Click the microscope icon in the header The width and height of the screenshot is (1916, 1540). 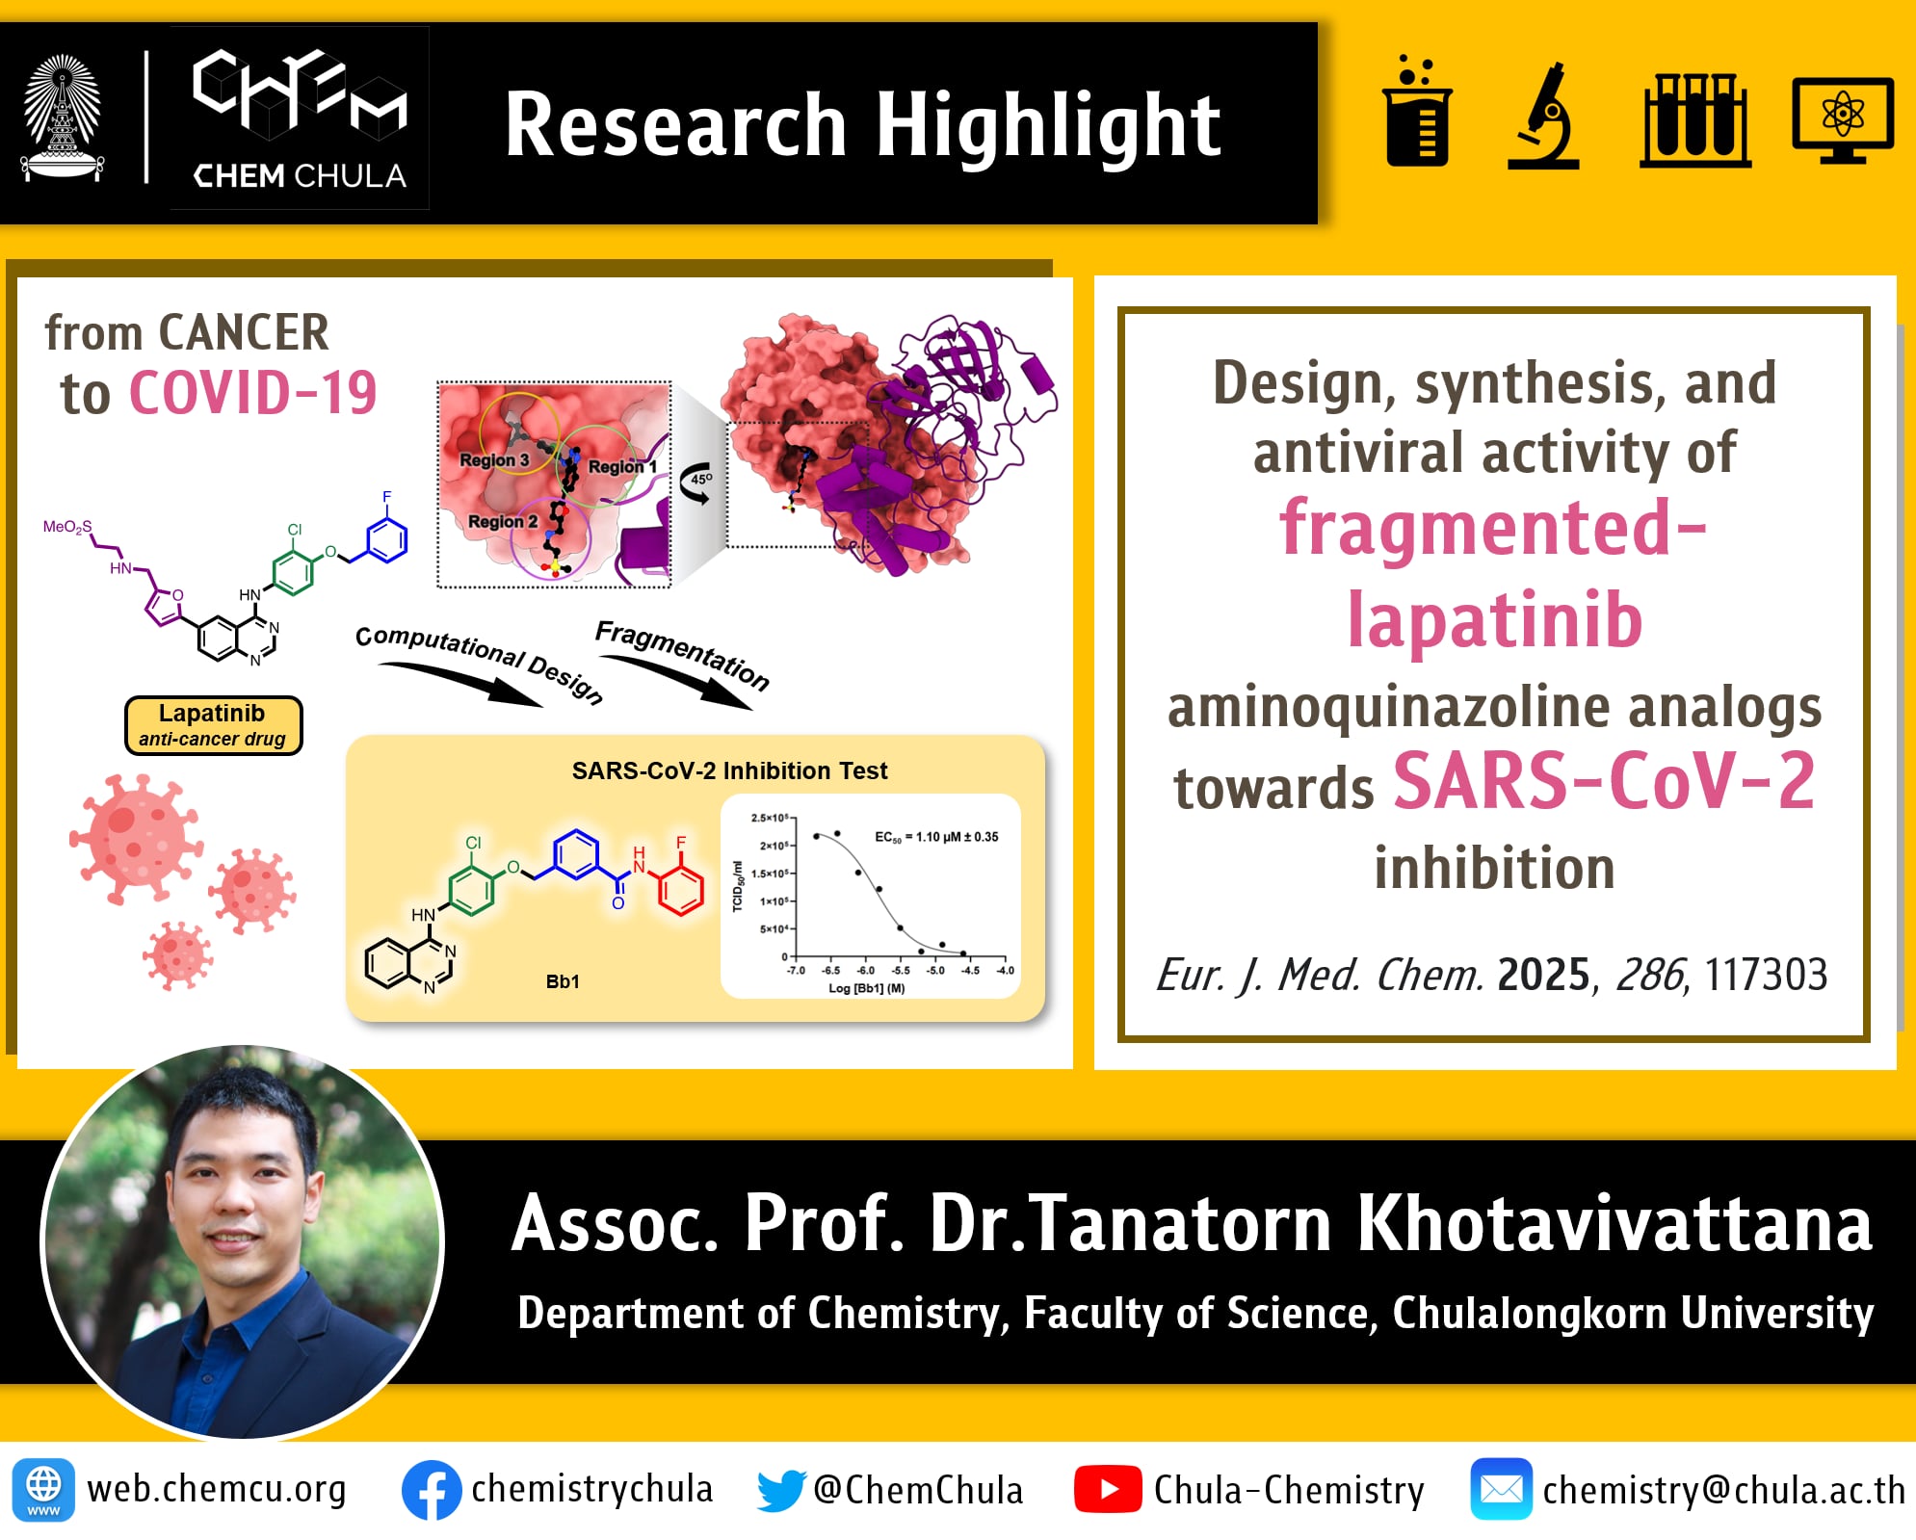(1543, 116)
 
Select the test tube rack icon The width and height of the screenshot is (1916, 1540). (1694, 119)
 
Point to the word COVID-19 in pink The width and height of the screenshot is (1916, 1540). (252, 393)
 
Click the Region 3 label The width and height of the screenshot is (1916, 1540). (494, 460)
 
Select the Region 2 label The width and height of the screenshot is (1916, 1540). (503, 521)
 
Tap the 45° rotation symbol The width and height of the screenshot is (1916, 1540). (697, 483)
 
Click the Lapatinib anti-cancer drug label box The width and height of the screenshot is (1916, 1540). (213, 725)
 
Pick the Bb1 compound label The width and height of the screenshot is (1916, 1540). (563, 981)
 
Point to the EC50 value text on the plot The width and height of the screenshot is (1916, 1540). (935, 837)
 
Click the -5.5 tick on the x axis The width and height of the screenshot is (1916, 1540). (900, 970)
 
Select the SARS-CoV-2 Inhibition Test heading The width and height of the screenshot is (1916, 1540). (729, 770)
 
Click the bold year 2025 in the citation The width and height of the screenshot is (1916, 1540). (1543, 975)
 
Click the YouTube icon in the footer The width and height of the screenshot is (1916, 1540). (1108, 1489)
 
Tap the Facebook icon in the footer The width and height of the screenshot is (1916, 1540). (432, 1490)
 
